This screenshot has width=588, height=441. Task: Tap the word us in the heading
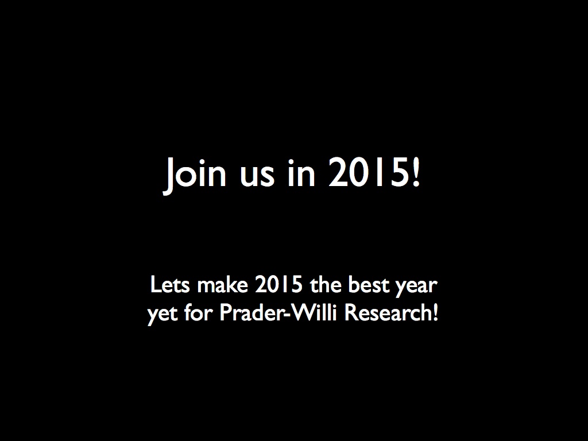(258, 176)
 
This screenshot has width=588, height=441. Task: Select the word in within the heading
(301, 172)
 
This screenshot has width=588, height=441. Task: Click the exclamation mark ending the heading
(416, 172)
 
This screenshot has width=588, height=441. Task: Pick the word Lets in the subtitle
(170, 285)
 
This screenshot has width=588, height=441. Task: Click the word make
(223, 285)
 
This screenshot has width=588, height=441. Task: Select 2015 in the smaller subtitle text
(278, 285)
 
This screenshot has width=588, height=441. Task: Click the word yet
(163, 315)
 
